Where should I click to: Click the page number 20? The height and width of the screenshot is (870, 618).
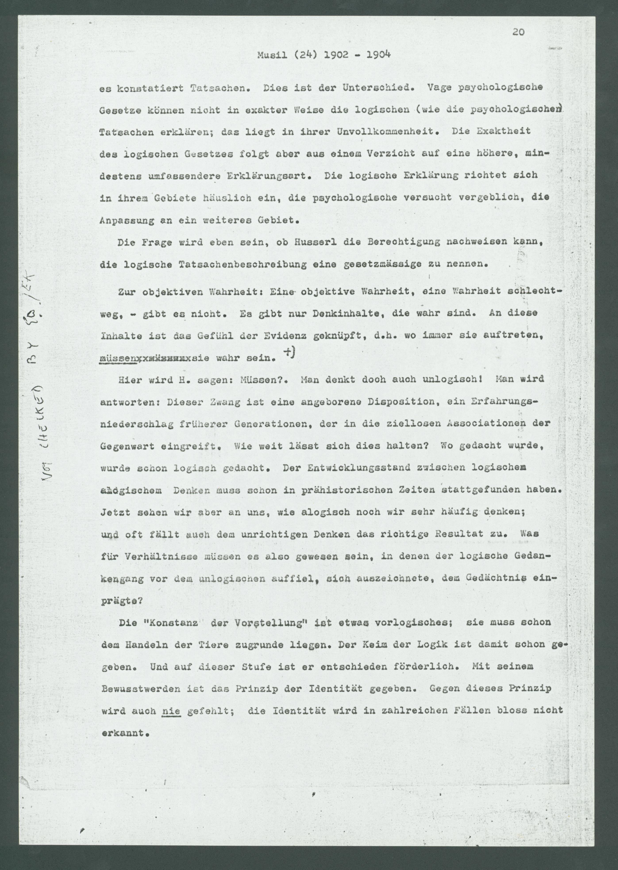pos(518,32)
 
